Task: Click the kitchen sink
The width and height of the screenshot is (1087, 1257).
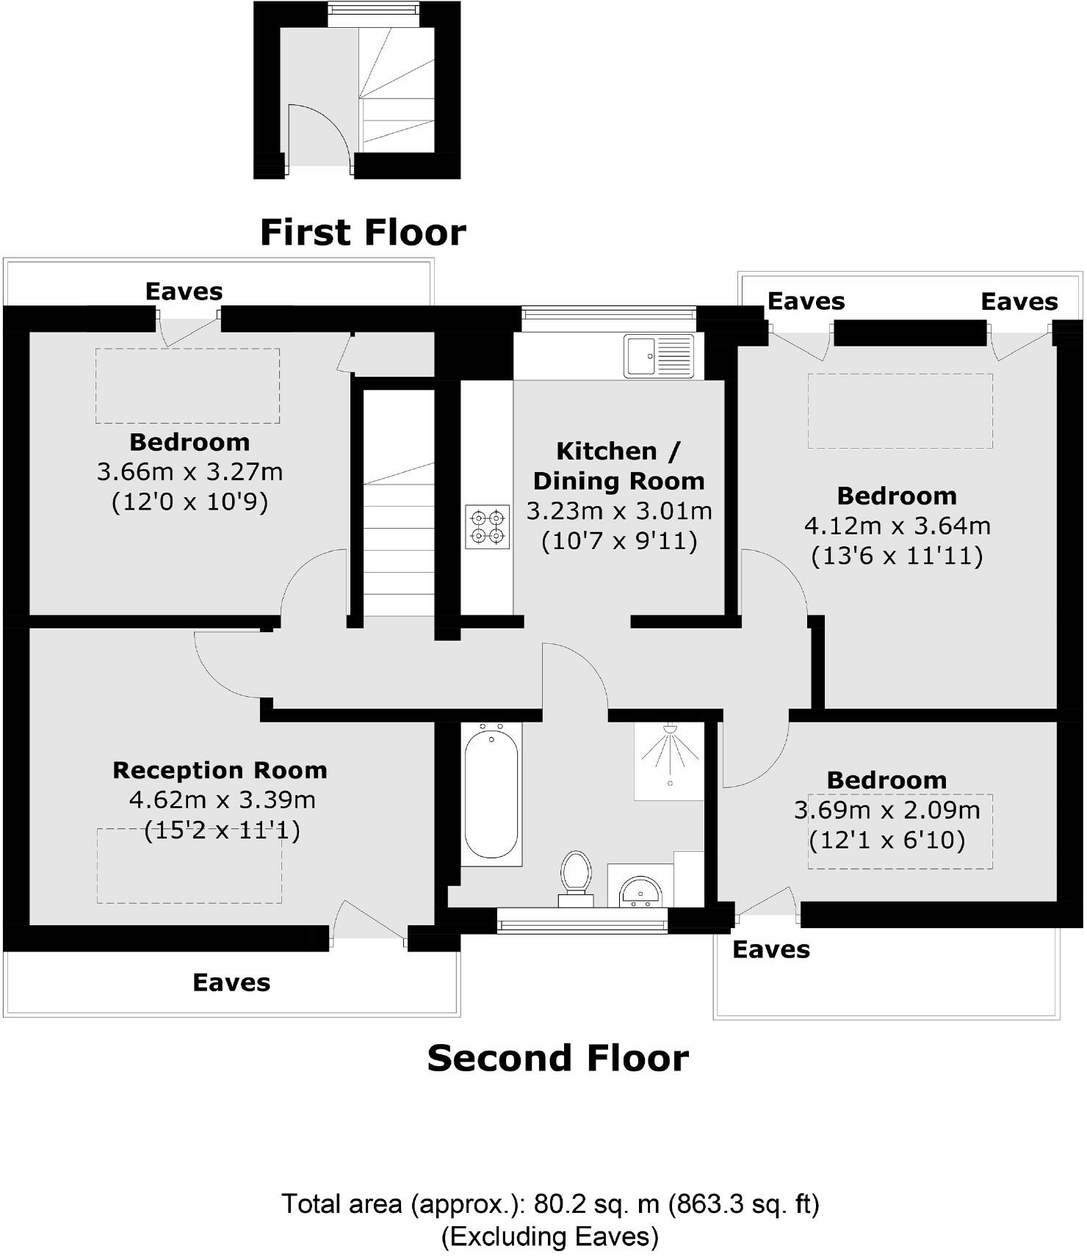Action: click(658, 356)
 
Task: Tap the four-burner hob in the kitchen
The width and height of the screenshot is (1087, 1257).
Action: click(487, 526)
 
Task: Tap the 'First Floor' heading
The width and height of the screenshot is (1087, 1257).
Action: click(363, 232)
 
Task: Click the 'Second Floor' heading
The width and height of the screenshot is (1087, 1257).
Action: click(557, 1058)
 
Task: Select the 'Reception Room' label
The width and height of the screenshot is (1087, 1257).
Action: click(220, 770)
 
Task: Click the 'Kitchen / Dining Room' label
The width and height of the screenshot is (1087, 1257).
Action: click(618, 466)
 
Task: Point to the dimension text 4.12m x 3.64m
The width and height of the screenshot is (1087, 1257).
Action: click(897, 526)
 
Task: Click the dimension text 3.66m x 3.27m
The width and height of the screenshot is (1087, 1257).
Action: click(189, 471)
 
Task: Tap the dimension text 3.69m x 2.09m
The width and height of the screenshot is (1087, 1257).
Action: click(886, 810)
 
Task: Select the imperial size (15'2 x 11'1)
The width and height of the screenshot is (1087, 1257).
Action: click(222, 830)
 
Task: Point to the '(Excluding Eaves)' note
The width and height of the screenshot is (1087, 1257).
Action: click(549, 1236)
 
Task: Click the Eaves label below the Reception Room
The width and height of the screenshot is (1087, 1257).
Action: click(231, 982)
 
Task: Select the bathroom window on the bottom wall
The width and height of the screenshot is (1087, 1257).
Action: click(582, 920)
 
